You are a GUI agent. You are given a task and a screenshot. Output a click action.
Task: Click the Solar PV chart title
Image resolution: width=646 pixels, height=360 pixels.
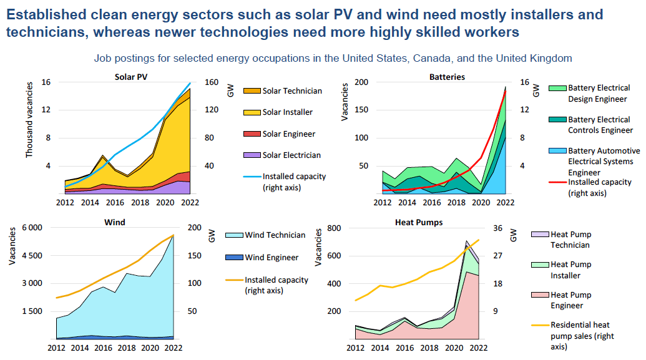click(x=131, y=77)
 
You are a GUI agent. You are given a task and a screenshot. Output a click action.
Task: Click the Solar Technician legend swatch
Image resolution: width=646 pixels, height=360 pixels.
click(x=252, y=91)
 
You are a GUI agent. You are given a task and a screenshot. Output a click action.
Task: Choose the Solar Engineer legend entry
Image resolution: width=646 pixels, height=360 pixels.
click(x=288, y=134)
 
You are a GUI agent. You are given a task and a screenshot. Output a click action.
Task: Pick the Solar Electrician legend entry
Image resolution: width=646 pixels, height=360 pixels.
click(x=291, y=155)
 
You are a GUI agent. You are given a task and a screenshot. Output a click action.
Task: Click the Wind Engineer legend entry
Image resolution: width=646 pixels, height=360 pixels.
click(x=271, y=257)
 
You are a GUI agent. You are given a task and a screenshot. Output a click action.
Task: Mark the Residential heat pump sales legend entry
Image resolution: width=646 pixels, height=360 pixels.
click(x=580, y=336)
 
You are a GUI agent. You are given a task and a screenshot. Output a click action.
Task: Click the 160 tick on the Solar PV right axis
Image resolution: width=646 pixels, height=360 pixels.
click(x=212, y=82)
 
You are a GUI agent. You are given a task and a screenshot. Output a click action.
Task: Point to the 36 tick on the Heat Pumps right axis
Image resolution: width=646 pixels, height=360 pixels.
click(x=497, y=228)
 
